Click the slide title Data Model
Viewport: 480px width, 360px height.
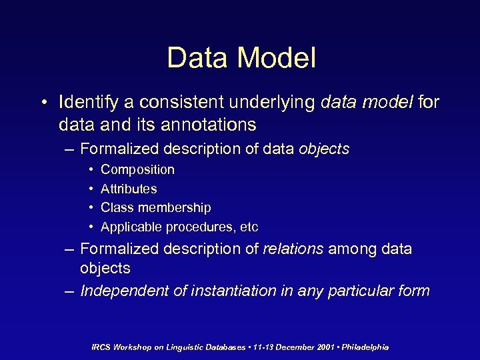pos(241,58)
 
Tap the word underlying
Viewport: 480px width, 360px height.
pos(270,103)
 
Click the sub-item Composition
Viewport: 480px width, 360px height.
pos(137,170)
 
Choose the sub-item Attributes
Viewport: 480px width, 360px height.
pos(129,189)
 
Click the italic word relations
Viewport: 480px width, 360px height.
pos(293,249)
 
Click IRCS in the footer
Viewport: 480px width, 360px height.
pos(102,347)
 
